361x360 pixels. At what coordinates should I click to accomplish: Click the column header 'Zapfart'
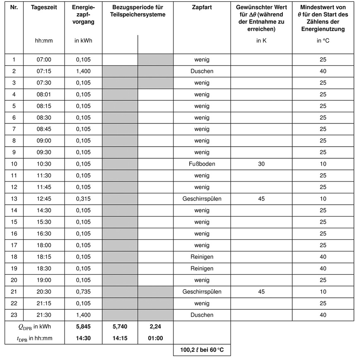pyautogui.click(x=202, y=8)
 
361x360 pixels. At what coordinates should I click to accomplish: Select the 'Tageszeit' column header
pyautogui.click(x=44, y=8)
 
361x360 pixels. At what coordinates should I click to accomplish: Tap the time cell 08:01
pyautogui.click(x=44, y=94)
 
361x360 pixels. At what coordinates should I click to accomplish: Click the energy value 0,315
pyautogui.click(x=83, y=199)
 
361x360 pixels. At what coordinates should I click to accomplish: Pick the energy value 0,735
pyautogui.click(x=83, y=292)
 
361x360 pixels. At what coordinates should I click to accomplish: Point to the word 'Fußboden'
pyautogui.click(x=202, y=164)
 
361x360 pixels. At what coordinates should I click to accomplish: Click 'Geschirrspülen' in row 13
pyautogui.click(x=202, y=199)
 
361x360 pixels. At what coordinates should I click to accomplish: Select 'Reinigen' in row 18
pyautogui.click(x=202, y=257)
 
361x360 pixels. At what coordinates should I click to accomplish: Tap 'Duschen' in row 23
pyautogui.click(x=202, y=315)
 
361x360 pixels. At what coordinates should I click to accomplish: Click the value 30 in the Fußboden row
pyautogui.click(x=261, y=164)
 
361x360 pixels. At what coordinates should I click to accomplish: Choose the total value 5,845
pyautogui.click(x=83, y=326)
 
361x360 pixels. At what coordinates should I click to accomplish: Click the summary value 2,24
pyautogui.click(x=155, y=326)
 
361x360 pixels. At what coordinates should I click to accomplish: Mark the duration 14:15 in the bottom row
pyautogui.click(x=120, y=338)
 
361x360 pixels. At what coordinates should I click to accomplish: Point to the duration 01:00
pyautogui.click(x=155, y=338)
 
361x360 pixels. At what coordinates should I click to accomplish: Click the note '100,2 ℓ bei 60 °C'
pyautogui.click(x=202, y=350)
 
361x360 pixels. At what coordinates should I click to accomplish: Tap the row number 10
pyautogui.click(x=14, y=164)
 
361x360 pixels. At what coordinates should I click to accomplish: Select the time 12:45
pyautogui.click(x=44, y=199)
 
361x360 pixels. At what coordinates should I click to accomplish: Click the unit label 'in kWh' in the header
pyautogui.click(x=83, y=41)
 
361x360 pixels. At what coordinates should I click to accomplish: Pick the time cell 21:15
pyautogui.click(x=44, y=303)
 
